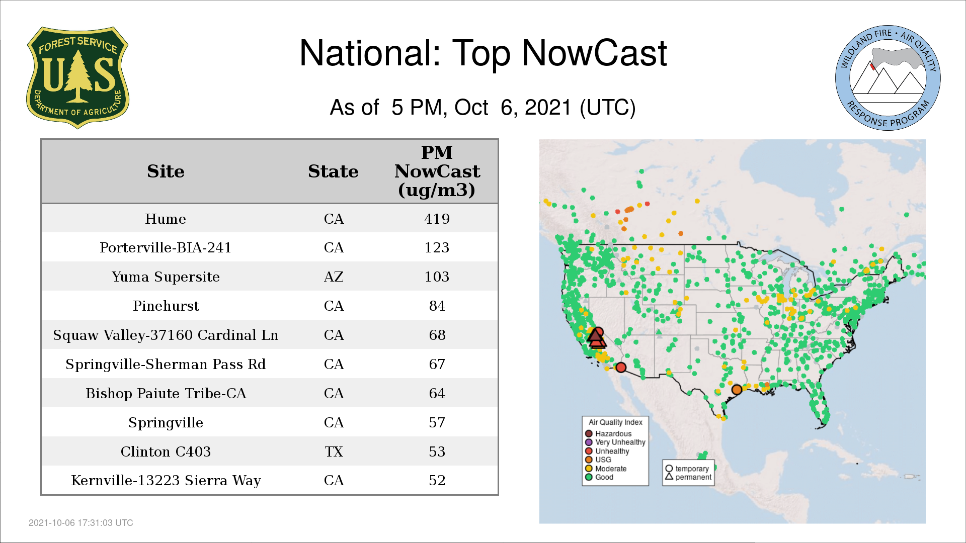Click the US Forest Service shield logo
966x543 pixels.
77,77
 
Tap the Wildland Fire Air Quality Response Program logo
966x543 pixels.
888,78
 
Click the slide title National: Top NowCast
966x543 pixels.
483,53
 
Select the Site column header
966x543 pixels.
166,171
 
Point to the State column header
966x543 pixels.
333,171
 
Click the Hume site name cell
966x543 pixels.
166,219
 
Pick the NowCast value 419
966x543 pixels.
437,219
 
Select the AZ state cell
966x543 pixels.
334,277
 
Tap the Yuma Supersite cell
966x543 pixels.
166,277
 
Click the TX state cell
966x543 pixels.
334,451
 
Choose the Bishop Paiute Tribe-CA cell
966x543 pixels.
166,393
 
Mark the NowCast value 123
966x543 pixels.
437,247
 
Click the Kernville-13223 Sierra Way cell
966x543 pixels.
166,481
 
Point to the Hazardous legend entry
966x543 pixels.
608,433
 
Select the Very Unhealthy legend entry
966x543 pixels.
615,442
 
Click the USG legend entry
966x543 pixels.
598,460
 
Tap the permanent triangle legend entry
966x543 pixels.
688,477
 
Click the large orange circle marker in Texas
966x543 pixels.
737,389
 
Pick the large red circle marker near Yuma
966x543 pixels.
621,368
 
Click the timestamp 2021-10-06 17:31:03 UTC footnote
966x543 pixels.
81,523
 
